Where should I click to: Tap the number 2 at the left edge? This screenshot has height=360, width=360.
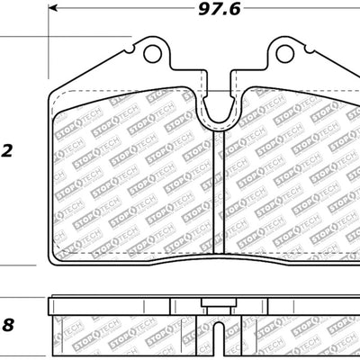pos(6,150)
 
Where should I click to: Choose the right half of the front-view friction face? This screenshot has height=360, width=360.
pos(288,180)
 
